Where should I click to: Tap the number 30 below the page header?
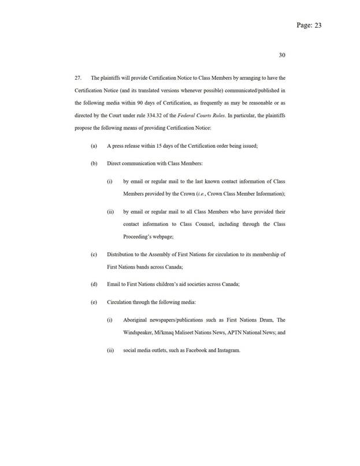tap(282, 55)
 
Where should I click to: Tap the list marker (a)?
tap(94, 146)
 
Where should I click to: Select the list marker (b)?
tap(94, 163)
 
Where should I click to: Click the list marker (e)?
tap(94, 301)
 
